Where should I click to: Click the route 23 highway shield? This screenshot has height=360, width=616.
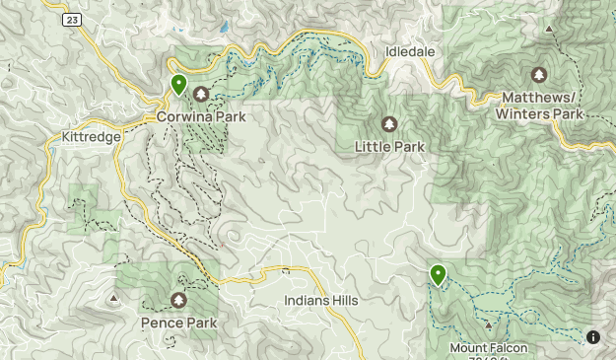(x=72, y=20)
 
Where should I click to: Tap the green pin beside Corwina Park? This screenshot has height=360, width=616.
(x=178, y=85)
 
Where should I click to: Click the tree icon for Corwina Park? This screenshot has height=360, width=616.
(x=201, y=95)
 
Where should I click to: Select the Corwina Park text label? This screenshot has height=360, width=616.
(x=201, y=116)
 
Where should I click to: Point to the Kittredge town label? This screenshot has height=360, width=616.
(x=90, y=137)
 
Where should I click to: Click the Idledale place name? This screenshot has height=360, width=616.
(x=410, y=50)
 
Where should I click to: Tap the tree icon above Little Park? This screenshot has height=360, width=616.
(x=389, y=124)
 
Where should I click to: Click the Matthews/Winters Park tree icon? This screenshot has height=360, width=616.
(x=538, y=75)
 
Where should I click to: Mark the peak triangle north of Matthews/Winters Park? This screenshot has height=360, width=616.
(x=549, y=30)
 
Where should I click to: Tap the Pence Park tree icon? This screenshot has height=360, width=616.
(x=178, y=300)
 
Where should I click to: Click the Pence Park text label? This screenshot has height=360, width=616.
(x=178, y=323)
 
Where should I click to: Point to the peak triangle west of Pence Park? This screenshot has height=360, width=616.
(x=115, y=296)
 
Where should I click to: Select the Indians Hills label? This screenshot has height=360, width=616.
(x=321, y=300)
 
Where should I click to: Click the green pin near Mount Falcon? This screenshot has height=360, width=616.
(x=438, y=275)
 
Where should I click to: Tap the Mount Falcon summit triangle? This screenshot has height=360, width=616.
(x=489, y=324)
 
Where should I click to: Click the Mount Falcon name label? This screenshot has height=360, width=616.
(x=489, y=347)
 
